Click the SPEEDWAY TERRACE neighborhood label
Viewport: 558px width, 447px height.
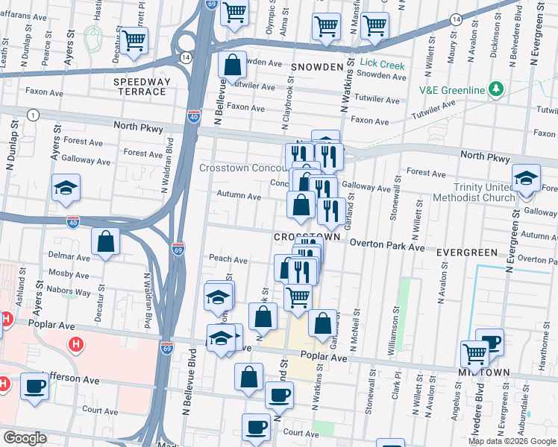[140, 86]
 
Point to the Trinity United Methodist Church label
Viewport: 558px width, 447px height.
[484, 192]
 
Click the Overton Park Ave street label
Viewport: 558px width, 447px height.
[387, 244]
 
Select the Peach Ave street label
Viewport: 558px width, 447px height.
[228, 260]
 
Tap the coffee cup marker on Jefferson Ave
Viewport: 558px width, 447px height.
[35, 386]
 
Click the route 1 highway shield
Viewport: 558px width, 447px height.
[33, 114]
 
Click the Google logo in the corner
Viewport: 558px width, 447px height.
[25, 438]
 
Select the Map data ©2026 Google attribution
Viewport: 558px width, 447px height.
[512, 441]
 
